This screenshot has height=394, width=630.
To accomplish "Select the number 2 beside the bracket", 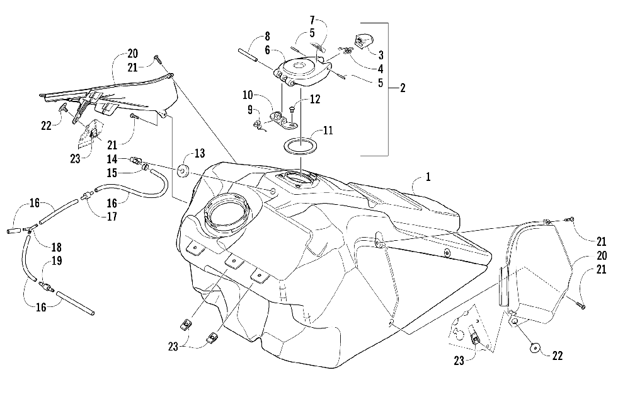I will pos(401,88).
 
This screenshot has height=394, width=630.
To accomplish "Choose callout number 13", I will pos(200,154).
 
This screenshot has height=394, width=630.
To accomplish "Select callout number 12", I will pos(314,99).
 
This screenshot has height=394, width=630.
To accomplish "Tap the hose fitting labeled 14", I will pos(135,161).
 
